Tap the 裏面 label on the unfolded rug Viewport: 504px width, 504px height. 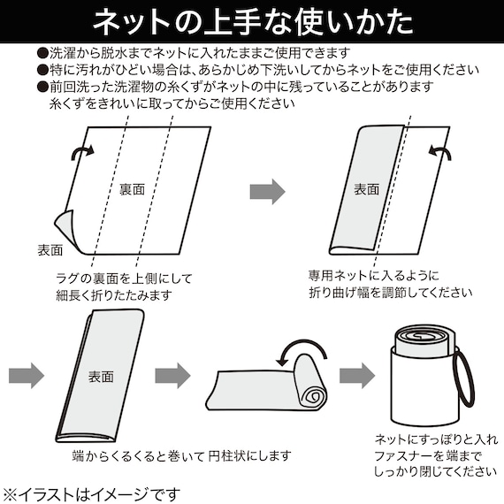(x=133, y=189)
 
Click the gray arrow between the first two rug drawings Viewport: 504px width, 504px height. (x=268, y=190)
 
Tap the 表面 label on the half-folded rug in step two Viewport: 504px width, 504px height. (x=367, y=189)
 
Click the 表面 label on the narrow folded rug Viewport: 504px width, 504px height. (x=101, y=376)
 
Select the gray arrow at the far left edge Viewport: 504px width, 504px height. (x=27, y=375)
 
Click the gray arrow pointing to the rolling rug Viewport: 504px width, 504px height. (x=172, y=375)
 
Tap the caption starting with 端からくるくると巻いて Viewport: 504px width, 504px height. (x=181, y=457)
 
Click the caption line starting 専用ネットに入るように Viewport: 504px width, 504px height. (x=373, y=276)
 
